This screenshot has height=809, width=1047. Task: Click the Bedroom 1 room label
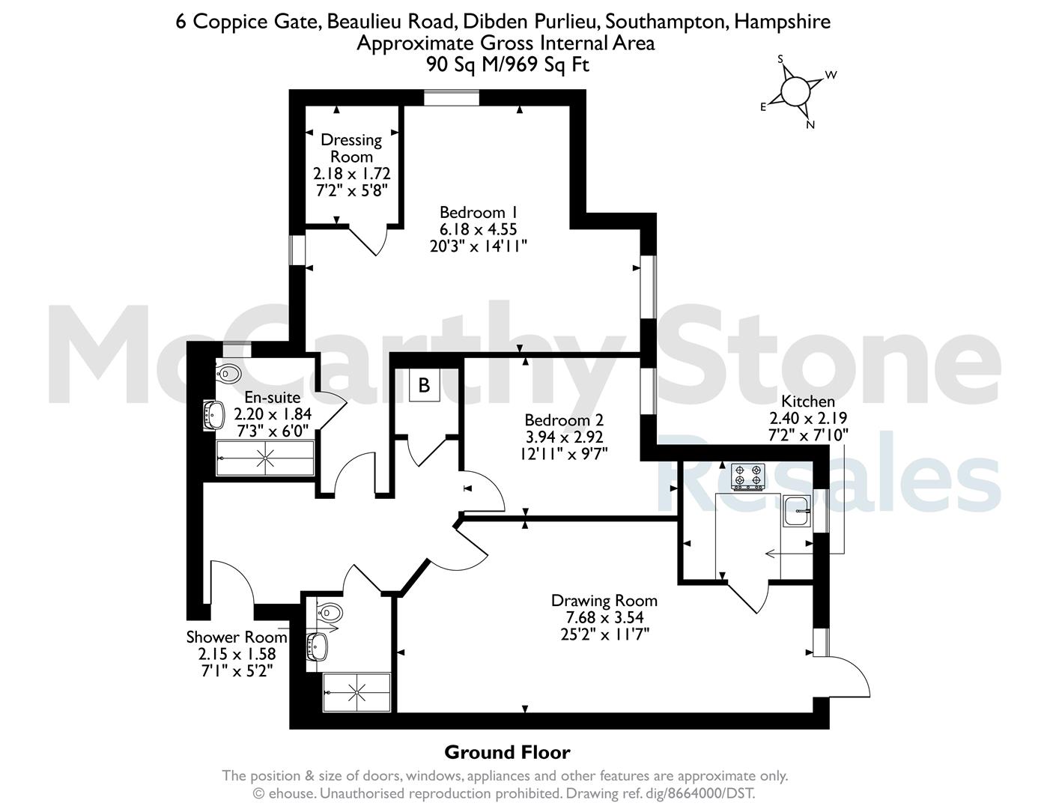point(479,213)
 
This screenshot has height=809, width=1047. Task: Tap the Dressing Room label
point(351,148)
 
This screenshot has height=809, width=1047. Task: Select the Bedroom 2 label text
point(564,420)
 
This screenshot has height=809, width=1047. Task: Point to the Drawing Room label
point(604,600)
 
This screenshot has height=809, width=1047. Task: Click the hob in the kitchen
point(747,476)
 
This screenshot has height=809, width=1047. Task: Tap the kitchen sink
point(797,511)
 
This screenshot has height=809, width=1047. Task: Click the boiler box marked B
point(424,385)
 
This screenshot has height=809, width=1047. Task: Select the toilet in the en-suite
point(228,373)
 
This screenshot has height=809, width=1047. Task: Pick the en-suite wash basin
point(214,415)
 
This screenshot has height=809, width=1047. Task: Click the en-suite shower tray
point(265,458)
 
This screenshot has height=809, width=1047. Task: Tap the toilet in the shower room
point(330,613)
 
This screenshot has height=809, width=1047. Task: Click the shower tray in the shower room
point(356,692)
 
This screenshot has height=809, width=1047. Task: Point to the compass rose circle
point(795,91)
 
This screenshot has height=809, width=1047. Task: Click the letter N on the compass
point(810,125)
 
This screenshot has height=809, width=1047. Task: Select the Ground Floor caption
point(507,752)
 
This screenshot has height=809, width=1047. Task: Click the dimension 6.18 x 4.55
point(479,229)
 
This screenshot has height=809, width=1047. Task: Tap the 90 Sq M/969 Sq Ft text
point(508,64)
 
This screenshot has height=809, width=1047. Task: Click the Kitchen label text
point(808,401)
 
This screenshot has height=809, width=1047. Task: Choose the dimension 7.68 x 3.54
point(604,617)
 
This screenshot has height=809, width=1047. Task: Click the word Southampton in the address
point(667,22)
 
